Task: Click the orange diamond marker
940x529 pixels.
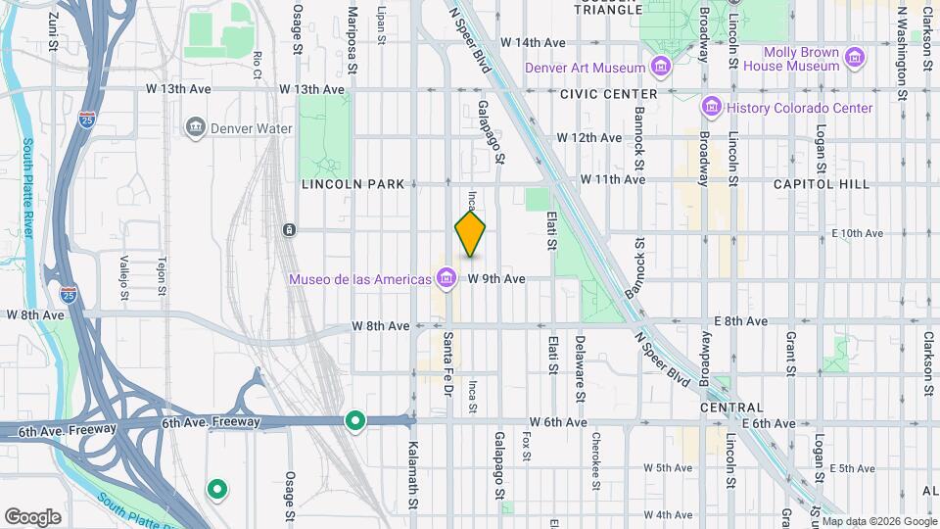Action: point(470,234)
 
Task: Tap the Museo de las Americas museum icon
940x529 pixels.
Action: point(447,279)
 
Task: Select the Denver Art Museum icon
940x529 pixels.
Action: point(661,68)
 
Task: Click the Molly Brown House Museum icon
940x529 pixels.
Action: point(855,58)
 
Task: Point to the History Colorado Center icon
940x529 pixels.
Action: point(712,107)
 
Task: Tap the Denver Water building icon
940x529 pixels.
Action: point(195,127)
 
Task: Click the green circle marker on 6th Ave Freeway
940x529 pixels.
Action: point(354,421)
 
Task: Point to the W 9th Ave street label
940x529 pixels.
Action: point(496,279)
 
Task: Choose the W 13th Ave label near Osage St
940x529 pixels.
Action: point(312,89)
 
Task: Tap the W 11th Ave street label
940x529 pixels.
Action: point(613,179)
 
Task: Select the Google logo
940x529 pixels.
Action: point(32,516)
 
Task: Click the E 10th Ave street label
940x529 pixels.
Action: point(857,233)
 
